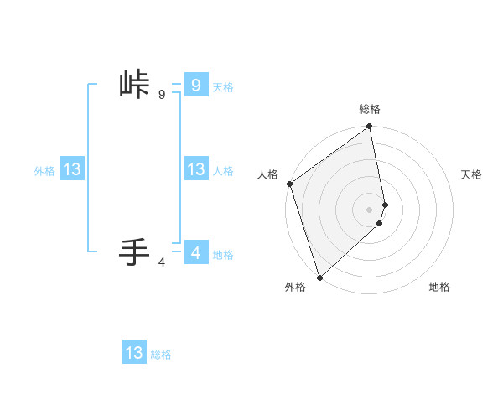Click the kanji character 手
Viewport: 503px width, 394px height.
point(135,251)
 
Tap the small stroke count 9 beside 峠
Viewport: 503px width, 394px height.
point(162,95)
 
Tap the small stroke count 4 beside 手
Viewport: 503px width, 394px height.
point(162,262)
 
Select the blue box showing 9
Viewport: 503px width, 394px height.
point(195,85)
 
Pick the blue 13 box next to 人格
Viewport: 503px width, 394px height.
point(195,169)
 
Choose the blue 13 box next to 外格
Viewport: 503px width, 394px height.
point(72,169)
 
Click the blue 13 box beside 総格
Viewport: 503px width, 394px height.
point(134,353)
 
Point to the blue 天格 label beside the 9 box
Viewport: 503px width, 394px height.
point(223,87)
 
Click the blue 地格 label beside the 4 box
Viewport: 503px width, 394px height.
point(223,255)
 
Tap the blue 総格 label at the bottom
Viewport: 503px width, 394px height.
point(161,355)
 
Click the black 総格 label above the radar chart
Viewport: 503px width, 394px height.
point(370,109)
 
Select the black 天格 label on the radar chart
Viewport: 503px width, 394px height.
point(472,174)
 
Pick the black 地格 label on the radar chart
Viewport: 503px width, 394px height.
point(439,288)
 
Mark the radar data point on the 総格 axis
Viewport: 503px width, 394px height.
point(370,127)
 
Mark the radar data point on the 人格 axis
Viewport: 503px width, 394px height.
point(289,184)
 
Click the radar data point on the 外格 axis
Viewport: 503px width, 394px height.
point(319,277)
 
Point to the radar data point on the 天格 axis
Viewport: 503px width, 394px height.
point(385,205)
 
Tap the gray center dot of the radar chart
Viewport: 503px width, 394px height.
point(370,210)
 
